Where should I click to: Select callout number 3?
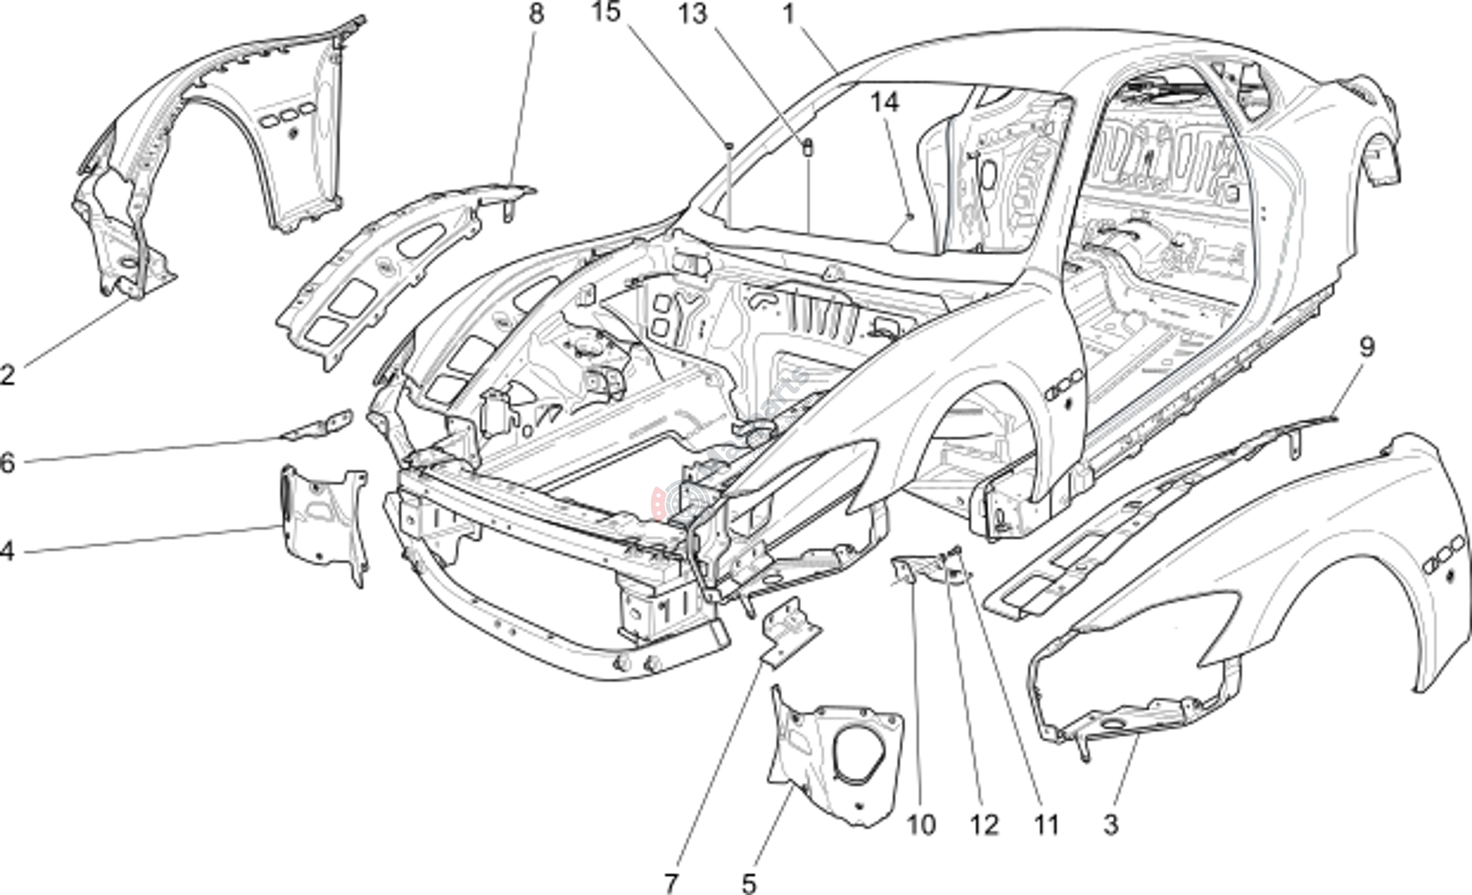click(x=1110, y=825)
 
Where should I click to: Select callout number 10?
click(x=921, y=825)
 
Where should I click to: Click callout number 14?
click(x=884, y=103)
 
